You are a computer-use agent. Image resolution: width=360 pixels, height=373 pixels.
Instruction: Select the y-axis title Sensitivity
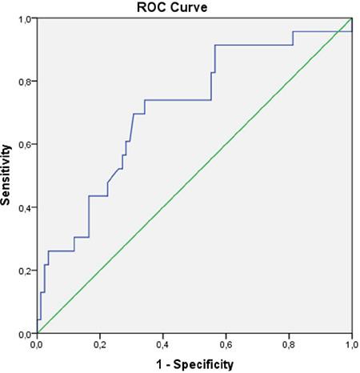6,175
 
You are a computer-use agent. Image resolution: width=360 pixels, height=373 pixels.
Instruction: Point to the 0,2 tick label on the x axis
100,345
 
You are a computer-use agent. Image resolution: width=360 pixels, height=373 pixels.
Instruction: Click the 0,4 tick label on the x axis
163,345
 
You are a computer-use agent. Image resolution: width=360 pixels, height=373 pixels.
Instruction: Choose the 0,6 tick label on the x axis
226,345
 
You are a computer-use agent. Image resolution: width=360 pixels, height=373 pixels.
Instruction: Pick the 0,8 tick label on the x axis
289,345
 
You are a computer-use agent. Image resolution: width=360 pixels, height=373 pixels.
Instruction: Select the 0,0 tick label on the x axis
37,345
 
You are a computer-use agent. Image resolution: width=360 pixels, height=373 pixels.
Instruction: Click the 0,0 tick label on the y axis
25,334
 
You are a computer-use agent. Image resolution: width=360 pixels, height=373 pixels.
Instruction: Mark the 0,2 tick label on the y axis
25,271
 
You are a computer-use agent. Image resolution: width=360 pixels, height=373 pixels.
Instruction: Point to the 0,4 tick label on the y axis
25,207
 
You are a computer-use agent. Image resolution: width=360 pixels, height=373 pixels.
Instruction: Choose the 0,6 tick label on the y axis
25,144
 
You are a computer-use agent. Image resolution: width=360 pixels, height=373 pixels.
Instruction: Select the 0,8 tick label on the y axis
25,81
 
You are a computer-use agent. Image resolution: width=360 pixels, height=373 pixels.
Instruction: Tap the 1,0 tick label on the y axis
25,18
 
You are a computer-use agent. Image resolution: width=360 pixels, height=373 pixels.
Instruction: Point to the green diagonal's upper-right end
351,18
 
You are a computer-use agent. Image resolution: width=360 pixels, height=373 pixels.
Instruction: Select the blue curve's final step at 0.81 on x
293,38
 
